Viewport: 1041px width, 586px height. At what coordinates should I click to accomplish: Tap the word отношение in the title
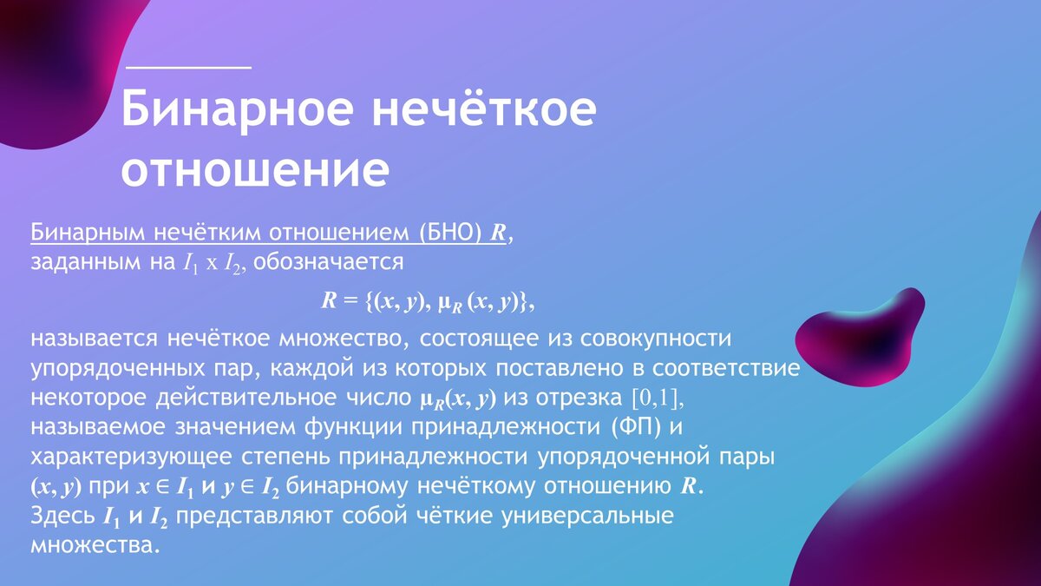(x=254, y=170)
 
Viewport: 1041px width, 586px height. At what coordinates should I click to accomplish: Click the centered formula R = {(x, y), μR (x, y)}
(x=429, y=301)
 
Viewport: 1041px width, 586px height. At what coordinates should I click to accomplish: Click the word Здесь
(x=62, y=517)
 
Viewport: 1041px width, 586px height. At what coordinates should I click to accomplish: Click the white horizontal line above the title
(x=189, y=67)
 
